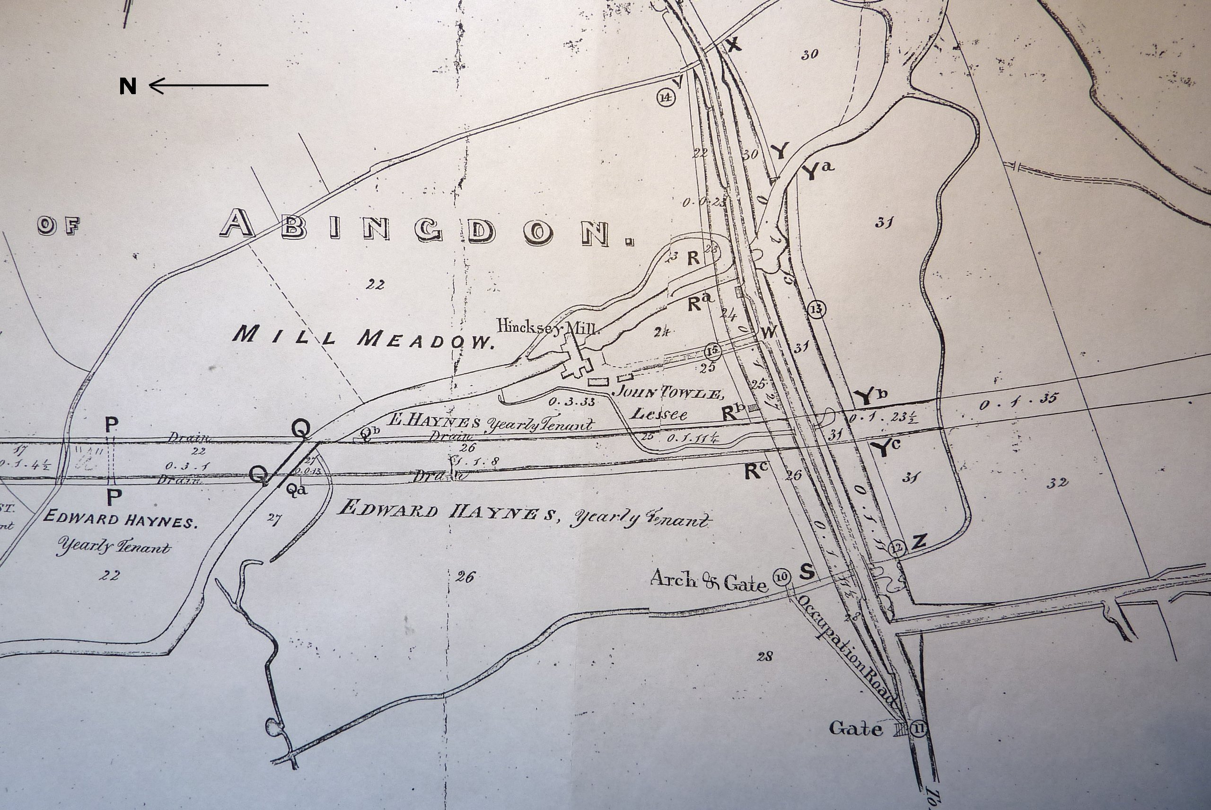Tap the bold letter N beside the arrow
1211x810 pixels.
[128, 86]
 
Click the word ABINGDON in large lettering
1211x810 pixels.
[426, 230]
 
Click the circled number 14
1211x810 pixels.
[666, 97]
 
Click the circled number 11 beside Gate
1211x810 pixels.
[918, 730]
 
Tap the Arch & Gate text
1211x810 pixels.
[708, 581]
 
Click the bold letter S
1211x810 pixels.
[807, 572]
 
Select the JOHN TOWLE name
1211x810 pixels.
[666, 394]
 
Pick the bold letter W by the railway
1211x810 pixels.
[768, 333]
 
